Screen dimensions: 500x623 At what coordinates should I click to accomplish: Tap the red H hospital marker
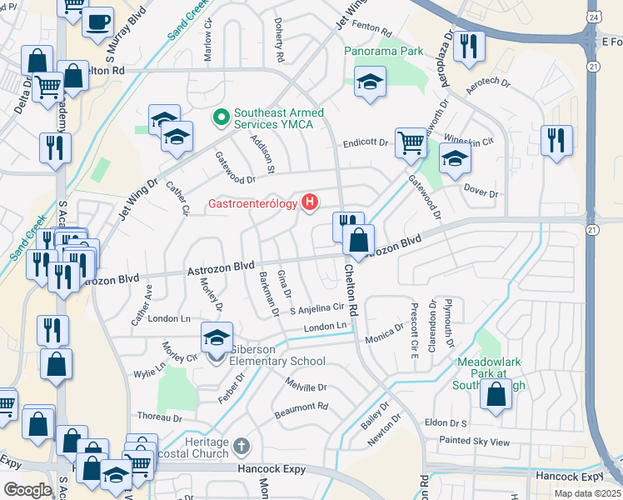(x=310, y=201)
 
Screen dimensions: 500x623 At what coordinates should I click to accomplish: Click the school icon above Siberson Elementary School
(x=217, y=338)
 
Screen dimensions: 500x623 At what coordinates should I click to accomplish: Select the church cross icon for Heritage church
(x=241, y=447)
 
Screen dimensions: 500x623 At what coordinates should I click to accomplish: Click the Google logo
(x=27, y=489)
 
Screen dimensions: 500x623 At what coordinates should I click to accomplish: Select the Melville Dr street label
(x=307, y=387)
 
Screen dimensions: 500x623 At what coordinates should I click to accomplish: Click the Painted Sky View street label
(x=474, y=442)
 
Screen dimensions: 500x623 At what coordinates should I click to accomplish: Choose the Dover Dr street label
(x=480, y=193)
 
